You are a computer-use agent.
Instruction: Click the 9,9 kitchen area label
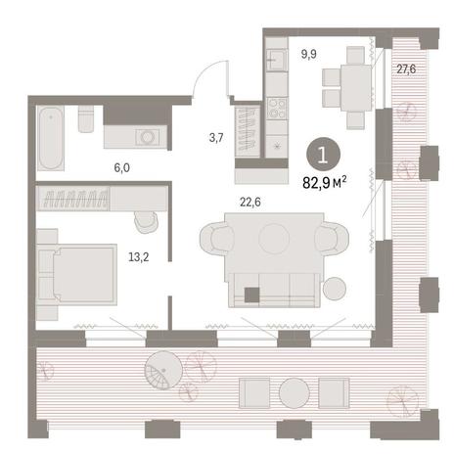[308, 54]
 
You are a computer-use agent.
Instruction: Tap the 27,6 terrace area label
[406, 68]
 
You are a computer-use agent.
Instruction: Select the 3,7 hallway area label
[216, 138]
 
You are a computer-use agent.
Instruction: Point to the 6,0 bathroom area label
[121, 168]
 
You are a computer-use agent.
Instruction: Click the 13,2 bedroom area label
[139, 257]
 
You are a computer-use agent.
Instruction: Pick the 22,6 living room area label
[250, 203]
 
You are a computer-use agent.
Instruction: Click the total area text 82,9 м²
[324, 183]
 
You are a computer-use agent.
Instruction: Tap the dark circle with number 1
[323, 155]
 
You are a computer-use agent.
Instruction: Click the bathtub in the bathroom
[50, 138]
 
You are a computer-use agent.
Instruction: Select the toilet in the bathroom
[86, 118]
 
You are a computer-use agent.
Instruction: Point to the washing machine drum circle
[149, 137]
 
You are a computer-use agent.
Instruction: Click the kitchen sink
[277, 60]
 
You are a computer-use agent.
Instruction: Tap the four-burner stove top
[277, 109]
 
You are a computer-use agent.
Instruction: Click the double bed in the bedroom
[77, 275]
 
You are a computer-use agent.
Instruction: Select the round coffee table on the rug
[274, 239]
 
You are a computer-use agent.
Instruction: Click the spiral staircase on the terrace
[163, 371]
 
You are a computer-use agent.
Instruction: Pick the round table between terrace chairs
[295, 393]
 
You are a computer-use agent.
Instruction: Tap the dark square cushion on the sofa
[252, 295]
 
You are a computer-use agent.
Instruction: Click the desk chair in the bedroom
[146, 222]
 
